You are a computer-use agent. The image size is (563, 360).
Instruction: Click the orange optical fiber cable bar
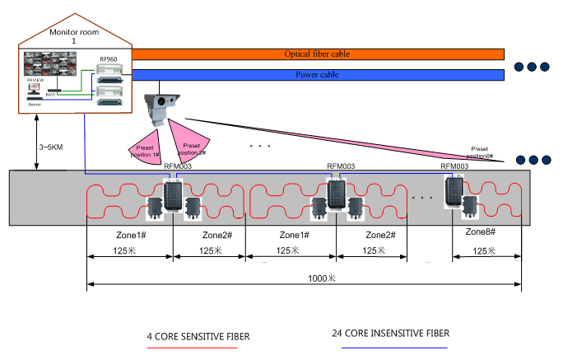coord(317,54)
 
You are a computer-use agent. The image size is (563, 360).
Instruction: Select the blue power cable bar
coord(317,75)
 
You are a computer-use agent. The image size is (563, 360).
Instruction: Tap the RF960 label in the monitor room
coord(108,59)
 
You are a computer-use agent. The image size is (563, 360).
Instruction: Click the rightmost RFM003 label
coord(454,166)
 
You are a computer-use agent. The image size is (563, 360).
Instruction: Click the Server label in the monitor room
coord(35,105)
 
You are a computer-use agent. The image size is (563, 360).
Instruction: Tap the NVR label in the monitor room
coord(52,94)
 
